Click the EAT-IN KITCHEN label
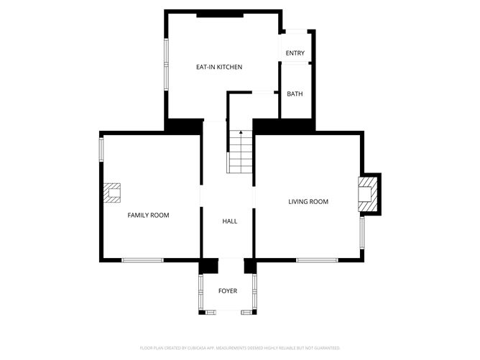point(219,67)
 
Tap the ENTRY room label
point(295,53)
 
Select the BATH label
point(295,94)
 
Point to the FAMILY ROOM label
point(149,215)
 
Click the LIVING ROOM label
point(308,202)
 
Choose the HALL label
point(229,221)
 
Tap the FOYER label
point(228,291)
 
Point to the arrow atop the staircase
point(240,133)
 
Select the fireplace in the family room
point(111,193)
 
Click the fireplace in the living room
point(367,195)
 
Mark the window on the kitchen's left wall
point(166,64)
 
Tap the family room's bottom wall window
point(142,259)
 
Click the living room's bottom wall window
point(317,259)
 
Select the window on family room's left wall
point(101,149)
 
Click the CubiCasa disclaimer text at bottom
point(240,348)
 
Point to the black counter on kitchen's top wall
point(220,14)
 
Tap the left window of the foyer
point(200,292)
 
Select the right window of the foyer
point(254,292)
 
